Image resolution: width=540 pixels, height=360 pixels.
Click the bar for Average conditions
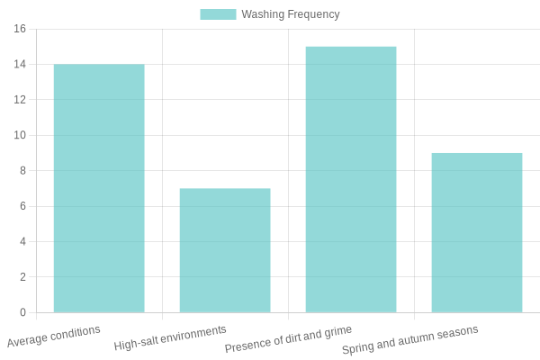pos(99,188)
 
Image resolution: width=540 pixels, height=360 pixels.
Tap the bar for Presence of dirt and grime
pos(351,179)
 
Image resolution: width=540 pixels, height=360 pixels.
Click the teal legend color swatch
pos(218,14)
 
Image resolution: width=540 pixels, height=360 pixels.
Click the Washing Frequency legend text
pos(290,14)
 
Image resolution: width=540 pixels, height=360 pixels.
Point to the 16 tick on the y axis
pos(20,29)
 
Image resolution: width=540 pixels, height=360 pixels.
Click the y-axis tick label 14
pos(20,65)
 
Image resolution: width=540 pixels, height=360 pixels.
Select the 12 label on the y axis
pos(20,100)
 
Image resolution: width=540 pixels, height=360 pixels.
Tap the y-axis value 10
pos(20,135)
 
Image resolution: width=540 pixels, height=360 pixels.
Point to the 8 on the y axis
pos(22,171)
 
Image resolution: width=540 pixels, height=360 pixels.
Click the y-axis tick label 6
pos(22,206)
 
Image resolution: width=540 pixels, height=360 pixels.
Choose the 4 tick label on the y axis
pos(22,242)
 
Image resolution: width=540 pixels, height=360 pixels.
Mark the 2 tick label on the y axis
pos(22,277)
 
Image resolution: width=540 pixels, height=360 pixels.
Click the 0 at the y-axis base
pos(22,312)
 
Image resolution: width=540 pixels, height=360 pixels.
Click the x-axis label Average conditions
pos(54,337)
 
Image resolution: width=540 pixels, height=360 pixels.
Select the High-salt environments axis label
pos(170,337)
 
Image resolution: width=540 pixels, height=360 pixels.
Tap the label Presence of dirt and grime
pos(288,338)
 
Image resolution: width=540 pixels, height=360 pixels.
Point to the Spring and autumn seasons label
pos(409,339)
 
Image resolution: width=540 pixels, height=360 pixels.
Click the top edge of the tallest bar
pos(351,47)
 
